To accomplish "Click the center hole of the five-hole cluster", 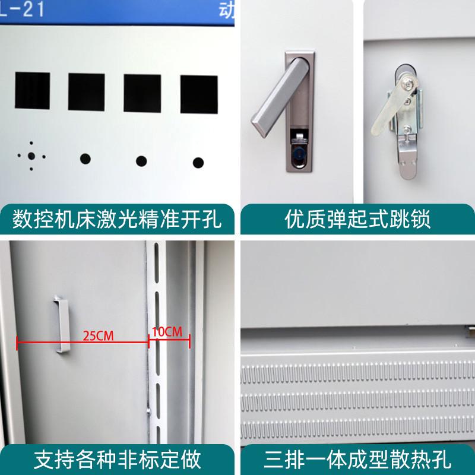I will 31,157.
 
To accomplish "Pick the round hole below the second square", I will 85,159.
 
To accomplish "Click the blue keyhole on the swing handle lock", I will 296,153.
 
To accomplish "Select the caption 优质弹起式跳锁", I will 358,219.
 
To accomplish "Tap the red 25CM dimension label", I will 99,335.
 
